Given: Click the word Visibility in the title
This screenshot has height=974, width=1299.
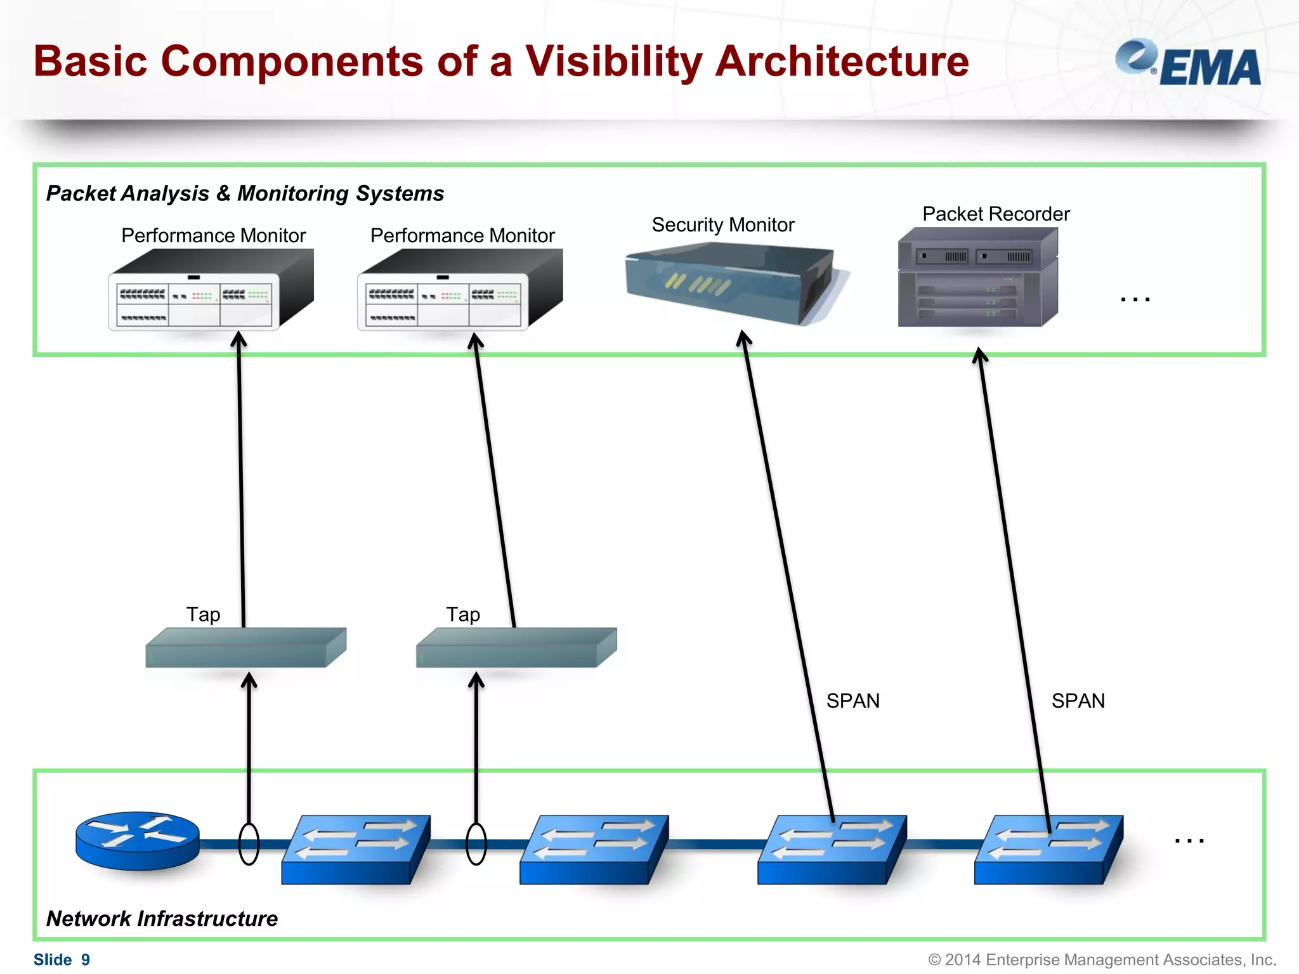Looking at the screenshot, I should [x=613, y=62].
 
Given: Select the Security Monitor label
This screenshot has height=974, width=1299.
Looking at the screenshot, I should [x=722, y=224].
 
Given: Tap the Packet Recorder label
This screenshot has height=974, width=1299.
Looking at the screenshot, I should [x=995, y=214].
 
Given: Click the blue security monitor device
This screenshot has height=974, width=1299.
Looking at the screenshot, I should [x=729, y=282].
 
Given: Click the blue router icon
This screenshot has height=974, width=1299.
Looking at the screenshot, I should [x=137, y=840].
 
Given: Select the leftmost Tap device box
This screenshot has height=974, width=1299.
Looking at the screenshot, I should [x=245, y=647].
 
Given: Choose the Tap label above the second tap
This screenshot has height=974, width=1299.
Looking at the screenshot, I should [x=462, y=614].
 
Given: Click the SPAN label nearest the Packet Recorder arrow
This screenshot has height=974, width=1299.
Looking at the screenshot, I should [x=1078, y=701].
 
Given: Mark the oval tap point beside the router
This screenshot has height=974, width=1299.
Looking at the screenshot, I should [x=249, y=844].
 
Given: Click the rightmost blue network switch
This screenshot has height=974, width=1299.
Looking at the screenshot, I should [x=1048, y=849].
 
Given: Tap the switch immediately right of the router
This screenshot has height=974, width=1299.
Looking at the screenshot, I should [x=355, y=849].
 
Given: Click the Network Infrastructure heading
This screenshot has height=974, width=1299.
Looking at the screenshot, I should [x=162, y=918].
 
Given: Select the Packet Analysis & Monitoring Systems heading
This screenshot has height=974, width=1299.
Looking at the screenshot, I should [x=245, y=193].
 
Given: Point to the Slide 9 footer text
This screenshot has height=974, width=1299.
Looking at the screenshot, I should [x=62, y=959].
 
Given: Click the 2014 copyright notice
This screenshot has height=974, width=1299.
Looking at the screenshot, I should [x=1102, y=959].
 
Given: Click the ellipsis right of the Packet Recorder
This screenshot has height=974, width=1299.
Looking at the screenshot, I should [x=1135, y=299].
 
